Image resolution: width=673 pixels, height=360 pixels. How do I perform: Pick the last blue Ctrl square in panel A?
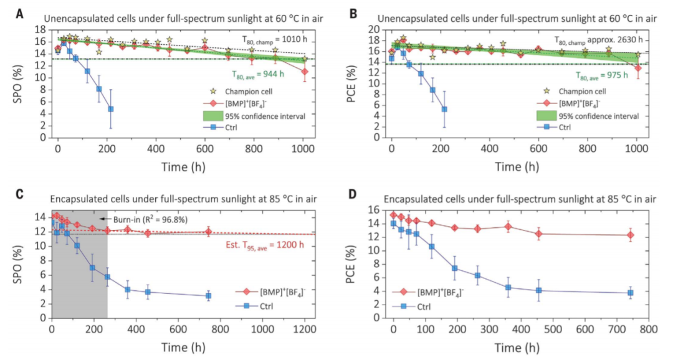click(x=111, y=109)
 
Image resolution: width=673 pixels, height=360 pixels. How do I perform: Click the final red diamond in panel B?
click(x=637, y=69)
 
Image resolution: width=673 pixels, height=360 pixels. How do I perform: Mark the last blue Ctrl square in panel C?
click(x=208, y=296)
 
